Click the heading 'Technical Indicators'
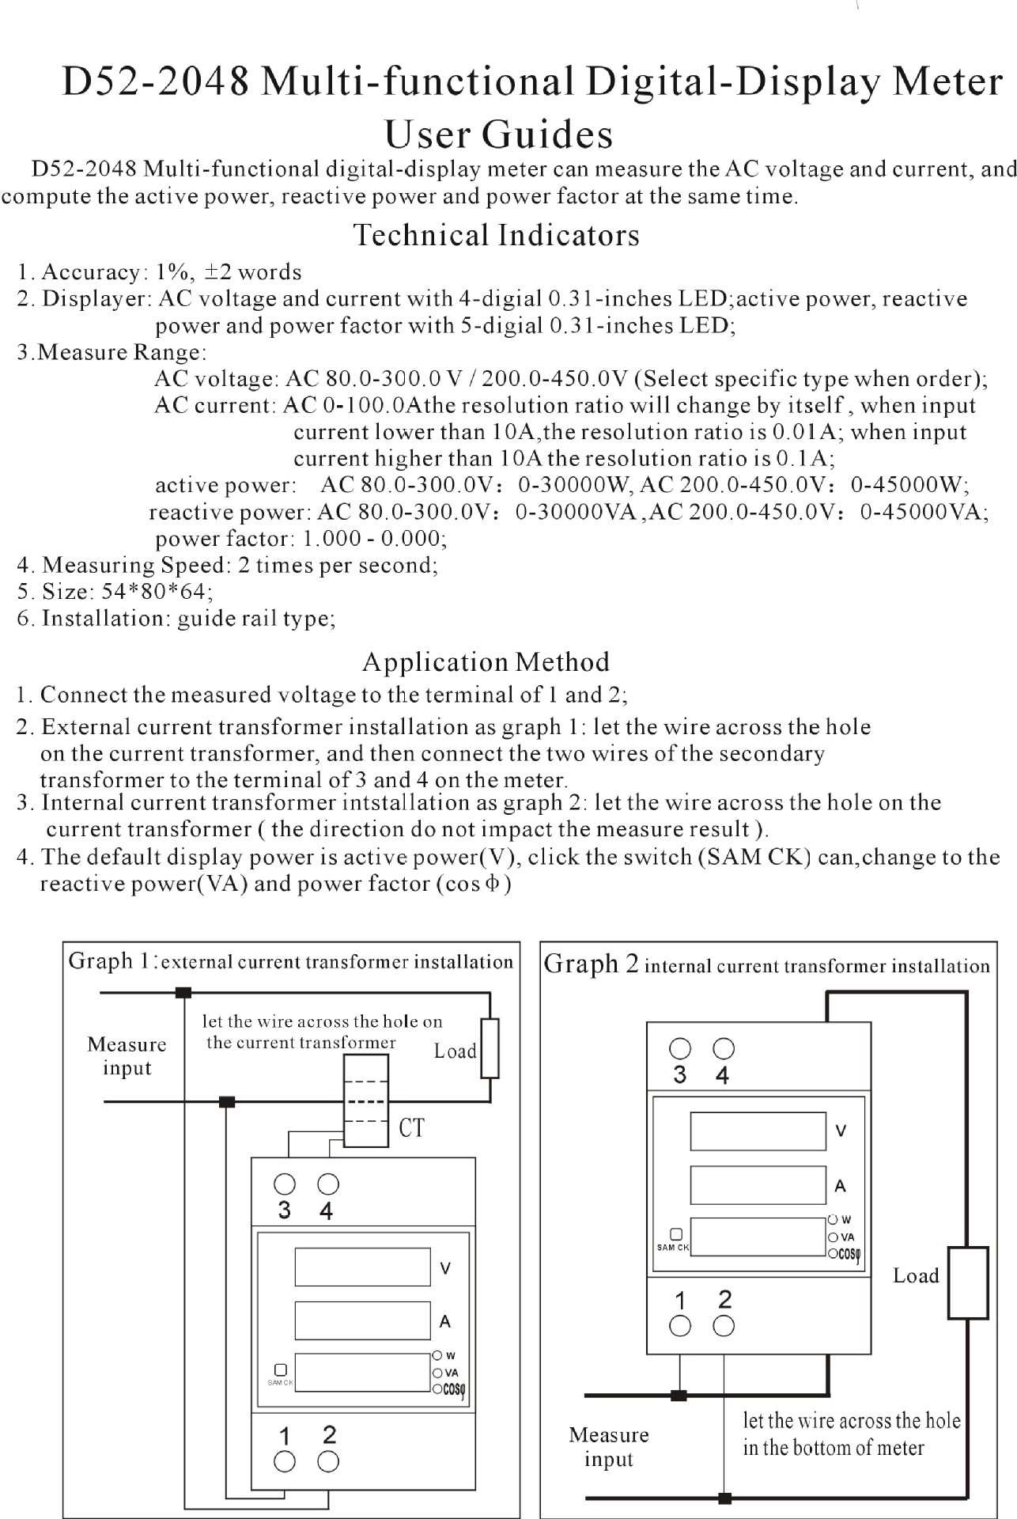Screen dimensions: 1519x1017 point(496,235)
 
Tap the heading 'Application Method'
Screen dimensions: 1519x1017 point(486,661)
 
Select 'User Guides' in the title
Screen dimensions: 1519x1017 point(498,134)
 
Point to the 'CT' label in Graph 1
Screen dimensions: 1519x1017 point(411,1127)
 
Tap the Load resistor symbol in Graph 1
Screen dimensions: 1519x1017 point(490,1048)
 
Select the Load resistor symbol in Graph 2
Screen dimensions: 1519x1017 point(967,1282)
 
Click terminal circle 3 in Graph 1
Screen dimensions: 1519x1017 point(285,1184)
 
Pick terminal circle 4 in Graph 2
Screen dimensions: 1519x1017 point(724,1049)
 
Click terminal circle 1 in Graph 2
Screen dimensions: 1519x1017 point(680,1326)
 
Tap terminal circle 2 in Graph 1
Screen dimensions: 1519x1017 point(328,1462)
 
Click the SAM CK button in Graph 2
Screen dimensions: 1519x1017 point(675,1234)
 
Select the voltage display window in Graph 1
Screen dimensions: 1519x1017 point(362,1267)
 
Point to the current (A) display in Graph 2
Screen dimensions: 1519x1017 point(758,1185)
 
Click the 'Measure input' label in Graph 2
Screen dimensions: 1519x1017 point(608,1447)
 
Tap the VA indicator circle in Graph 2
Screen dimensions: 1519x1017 point(833,1237)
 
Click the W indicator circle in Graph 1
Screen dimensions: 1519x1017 point(437,1356)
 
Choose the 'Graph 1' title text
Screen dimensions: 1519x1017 point(112,961)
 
